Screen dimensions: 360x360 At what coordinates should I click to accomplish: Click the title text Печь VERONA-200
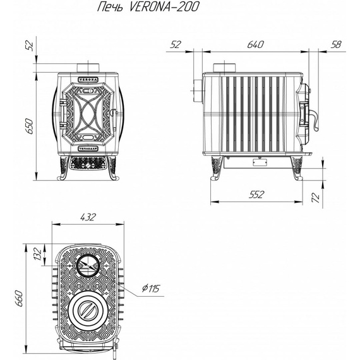(148, 7)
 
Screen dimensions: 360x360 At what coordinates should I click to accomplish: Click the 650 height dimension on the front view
(30, 126)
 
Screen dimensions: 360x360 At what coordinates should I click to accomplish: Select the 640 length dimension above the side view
(256, 45)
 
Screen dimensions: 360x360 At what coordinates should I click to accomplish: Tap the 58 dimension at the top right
(336, 45)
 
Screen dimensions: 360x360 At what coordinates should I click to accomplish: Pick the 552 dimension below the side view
(256, 195)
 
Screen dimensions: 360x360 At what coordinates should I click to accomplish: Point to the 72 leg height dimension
(316, 198)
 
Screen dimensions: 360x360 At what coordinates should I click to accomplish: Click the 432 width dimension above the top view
(88, 217)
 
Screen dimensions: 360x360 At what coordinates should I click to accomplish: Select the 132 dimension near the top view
(38, 254)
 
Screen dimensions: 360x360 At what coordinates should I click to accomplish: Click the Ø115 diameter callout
(150, 289)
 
